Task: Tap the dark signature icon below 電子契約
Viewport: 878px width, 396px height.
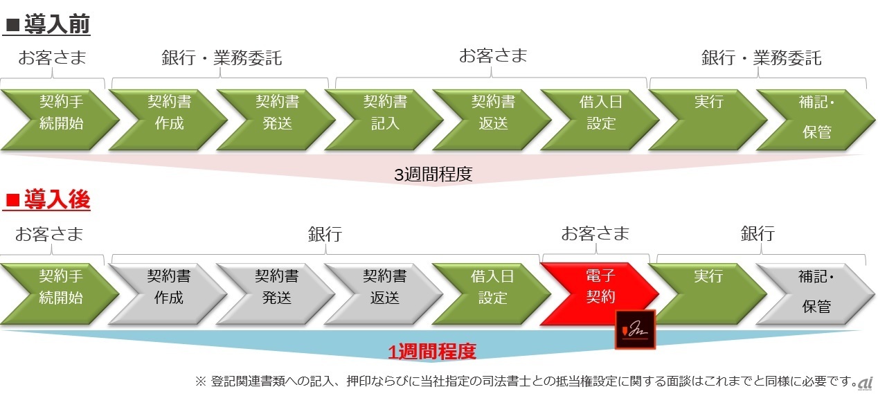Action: (635, 329)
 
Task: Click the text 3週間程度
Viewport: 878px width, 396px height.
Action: (433, 174)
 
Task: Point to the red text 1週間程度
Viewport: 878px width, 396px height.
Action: (432, 352)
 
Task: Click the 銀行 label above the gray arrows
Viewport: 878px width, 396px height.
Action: (324, 234)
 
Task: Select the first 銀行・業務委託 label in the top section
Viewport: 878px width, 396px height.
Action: (222, 58)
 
